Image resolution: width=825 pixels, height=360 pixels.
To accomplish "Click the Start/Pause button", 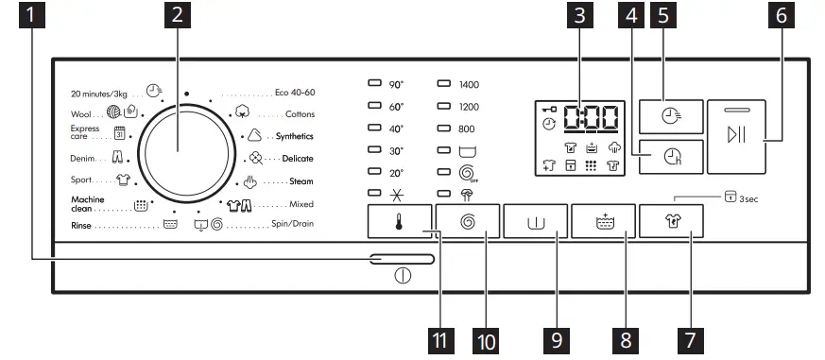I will (x=744, y=134).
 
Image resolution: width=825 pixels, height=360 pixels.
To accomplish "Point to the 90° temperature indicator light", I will (x=373, y=84).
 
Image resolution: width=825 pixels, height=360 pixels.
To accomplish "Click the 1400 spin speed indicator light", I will (x=443, y=84).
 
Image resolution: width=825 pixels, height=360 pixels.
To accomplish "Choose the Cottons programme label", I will (x=301, y=113).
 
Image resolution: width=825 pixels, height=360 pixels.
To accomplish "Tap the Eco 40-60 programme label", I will (x=294, y=92).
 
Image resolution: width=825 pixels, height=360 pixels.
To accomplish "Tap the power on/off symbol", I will (x=403, y=279).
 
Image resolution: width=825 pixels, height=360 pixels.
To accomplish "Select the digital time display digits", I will (x=591, y=119).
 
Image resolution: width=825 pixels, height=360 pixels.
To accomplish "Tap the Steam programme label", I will (x=301, y=180).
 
